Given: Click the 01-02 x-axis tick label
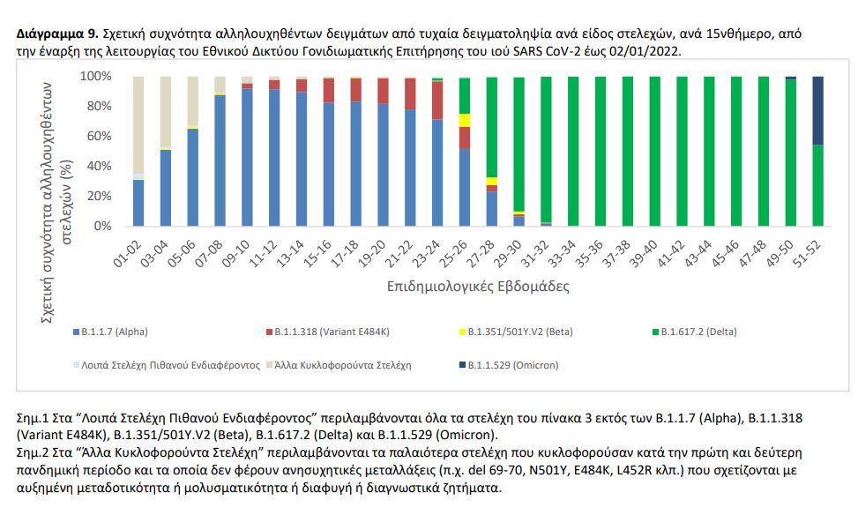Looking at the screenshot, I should [129, 250].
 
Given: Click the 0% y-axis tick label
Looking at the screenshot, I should [101, 226].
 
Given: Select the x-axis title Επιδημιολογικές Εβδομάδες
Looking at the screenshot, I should [478, 287].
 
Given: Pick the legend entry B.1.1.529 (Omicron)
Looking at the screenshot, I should [504, 364].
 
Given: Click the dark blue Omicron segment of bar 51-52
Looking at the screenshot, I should [817, 110].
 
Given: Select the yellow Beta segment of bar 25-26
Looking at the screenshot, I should [464, 120].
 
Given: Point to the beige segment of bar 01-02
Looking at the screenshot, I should [138, 123].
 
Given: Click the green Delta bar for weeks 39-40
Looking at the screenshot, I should [655, 151].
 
